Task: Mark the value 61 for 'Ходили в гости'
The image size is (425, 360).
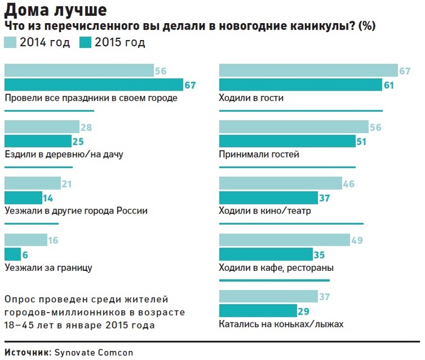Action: (389, 85)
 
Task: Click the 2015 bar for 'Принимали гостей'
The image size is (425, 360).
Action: (287, 141)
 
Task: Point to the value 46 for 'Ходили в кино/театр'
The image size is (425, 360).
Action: (350, 183)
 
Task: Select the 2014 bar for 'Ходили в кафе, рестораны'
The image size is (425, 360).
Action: (284, 240)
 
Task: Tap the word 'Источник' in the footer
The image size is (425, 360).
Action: (26, 352)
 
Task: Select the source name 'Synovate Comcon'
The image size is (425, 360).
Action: (92, 352)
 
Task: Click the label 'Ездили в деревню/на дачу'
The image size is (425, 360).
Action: (64, 154)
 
